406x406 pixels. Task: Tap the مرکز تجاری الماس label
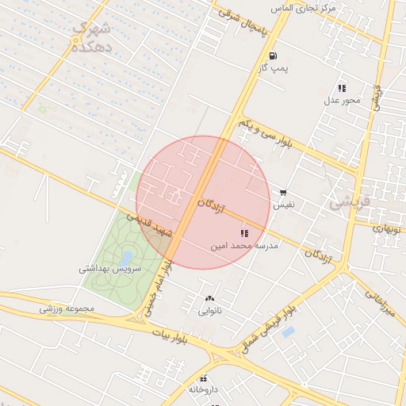(303, 8)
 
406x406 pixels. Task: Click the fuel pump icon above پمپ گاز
(274, 56)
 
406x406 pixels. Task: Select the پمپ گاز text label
(274, 69)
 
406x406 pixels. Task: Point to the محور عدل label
(342, 101)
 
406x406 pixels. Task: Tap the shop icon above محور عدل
(342, 88)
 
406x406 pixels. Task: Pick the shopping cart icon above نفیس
(284, 193)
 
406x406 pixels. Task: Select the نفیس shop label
(284, 205)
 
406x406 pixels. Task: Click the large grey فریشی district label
(350, 201)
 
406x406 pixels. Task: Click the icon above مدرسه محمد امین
(244, 233)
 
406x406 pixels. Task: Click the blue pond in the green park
(127, 258)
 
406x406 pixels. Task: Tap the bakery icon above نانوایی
(209, 299)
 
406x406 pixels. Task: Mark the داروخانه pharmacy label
(203, 390)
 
